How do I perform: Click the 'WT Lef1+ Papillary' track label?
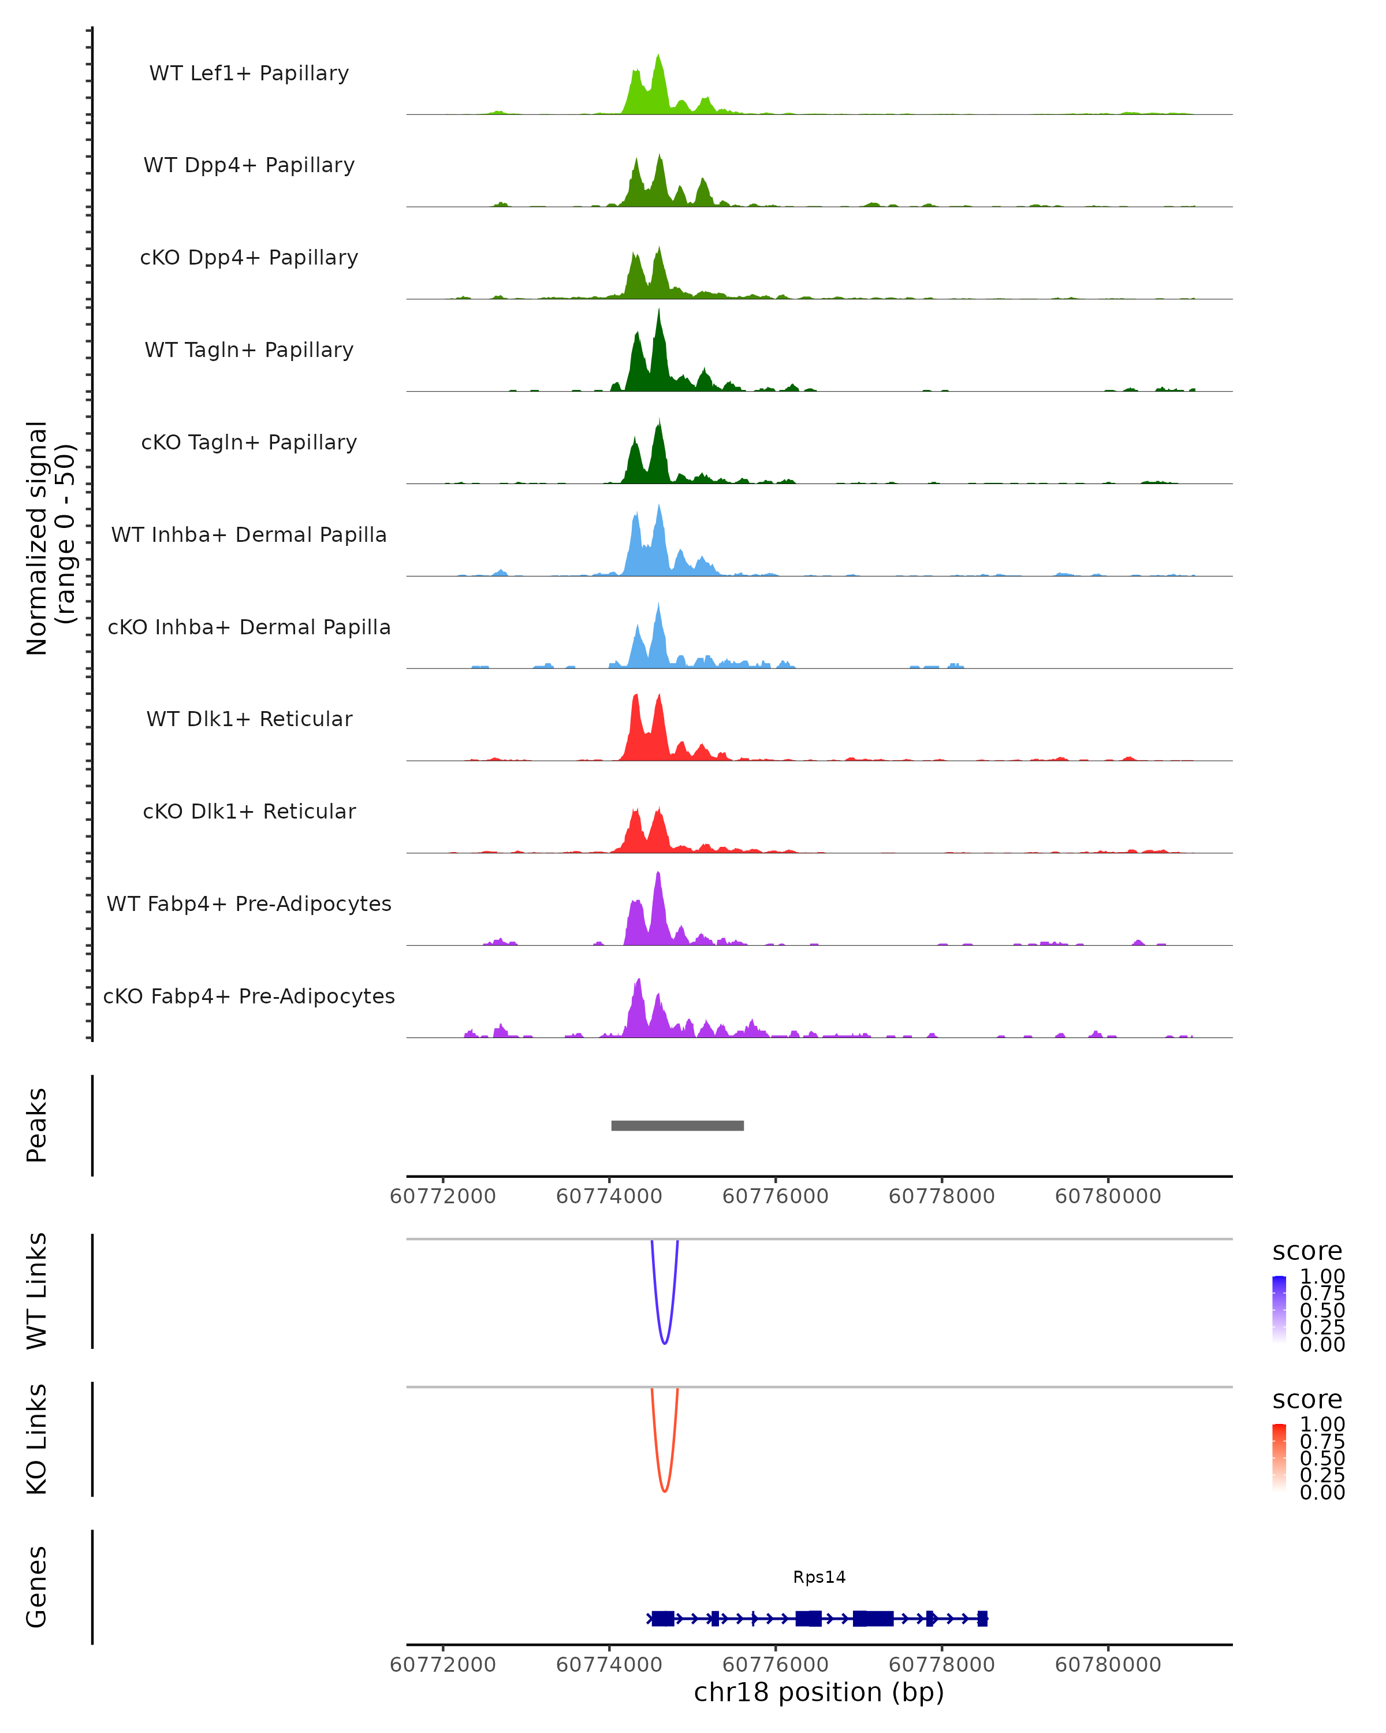coord(249,73)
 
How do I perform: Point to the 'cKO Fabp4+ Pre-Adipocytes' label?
coord(249,996)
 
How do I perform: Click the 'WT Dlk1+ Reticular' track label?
coord(249,719)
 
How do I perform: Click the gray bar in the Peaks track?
coord(677,1125)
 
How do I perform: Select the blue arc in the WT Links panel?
coord(665,1341)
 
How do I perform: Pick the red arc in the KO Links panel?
coord(665,1489)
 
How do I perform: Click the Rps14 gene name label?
coord(819,1577)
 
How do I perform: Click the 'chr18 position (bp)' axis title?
coord(819,1692)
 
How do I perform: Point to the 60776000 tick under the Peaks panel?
coord(776,1196)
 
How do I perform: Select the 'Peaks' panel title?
coord(37,1125)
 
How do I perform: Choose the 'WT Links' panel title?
coord(37,1291)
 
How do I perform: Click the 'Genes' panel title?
coord(37,1587)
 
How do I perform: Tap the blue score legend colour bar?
coord(1279,1310)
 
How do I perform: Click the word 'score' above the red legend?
coord(1307,1400)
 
